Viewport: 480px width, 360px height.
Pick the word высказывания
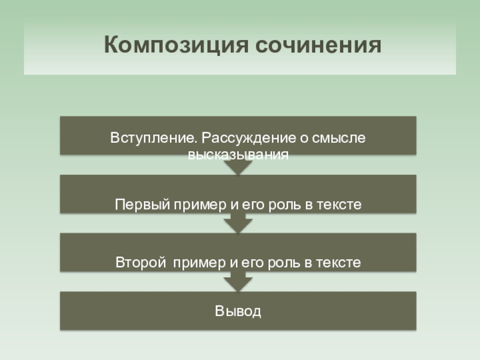[238, 154]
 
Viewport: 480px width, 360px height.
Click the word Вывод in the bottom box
[238, 312]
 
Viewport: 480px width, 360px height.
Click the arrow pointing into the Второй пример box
[238, 226]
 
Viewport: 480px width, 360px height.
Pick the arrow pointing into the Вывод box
[238, 283]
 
